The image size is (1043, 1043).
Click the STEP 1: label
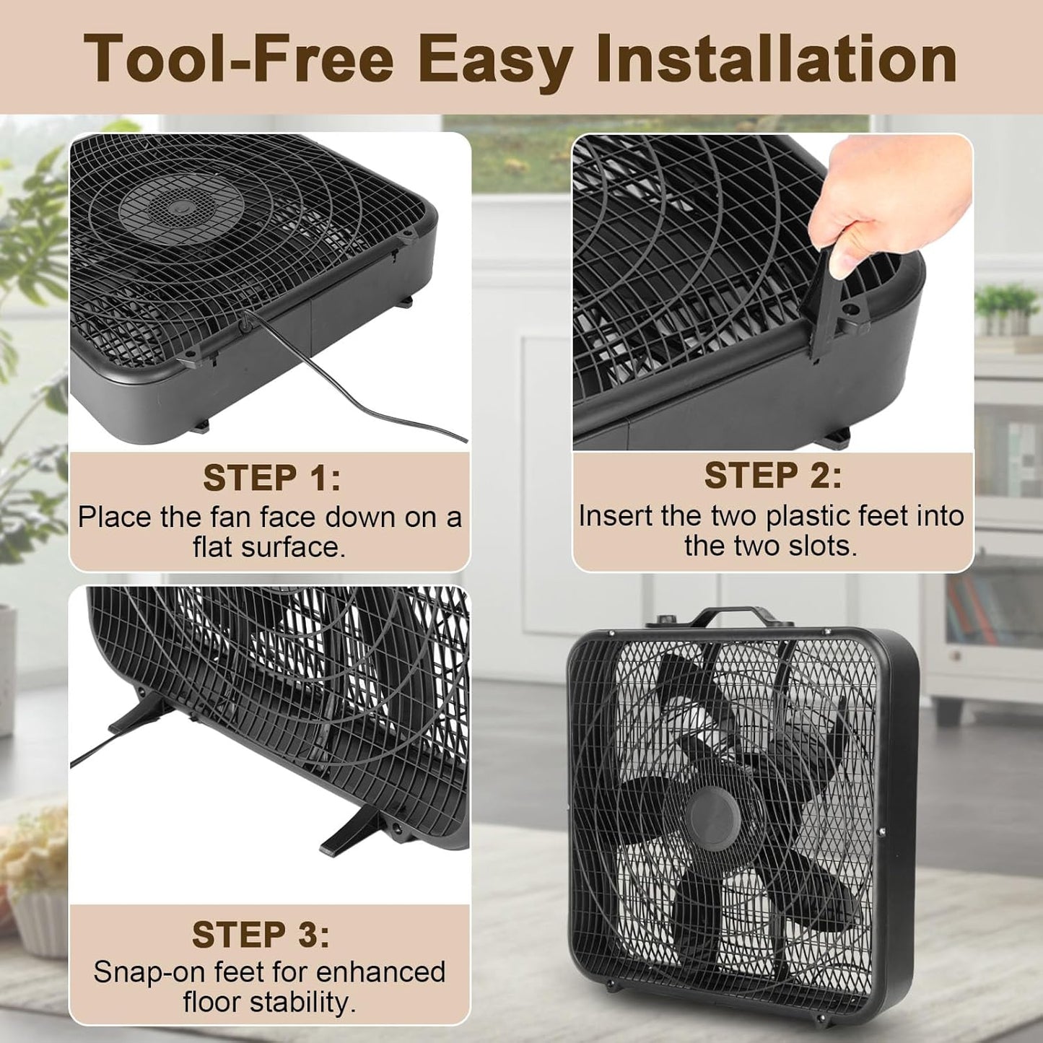272,477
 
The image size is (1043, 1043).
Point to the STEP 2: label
773,475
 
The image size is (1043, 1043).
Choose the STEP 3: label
261,934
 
